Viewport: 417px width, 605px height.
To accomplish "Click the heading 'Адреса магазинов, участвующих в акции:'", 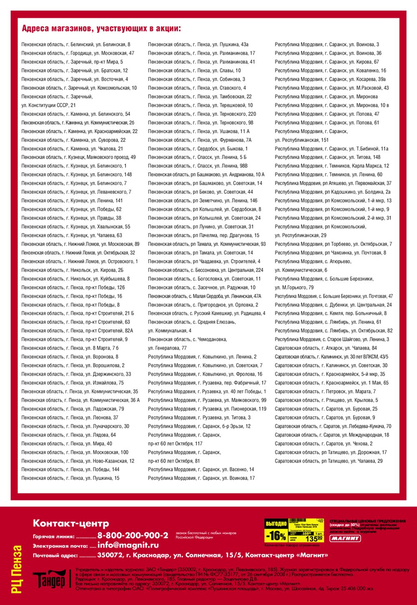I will [101, 29].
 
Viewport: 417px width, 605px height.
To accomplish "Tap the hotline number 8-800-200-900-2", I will [133, 535].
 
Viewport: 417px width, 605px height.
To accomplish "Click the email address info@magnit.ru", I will [128, 545].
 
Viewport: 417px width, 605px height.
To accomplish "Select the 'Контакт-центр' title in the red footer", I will [71, 523].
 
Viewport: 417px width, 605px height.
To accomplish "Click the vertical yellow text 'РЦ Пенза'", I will [17, 569].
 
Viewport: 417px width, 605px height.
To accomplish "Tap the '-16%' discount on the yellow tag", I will [276, 535].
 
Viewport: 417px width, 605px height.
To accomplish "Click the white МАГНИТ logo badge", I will [345, 538].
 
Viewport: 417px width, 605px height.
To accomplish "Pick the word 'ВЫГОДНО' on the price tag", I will [276, 523].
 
